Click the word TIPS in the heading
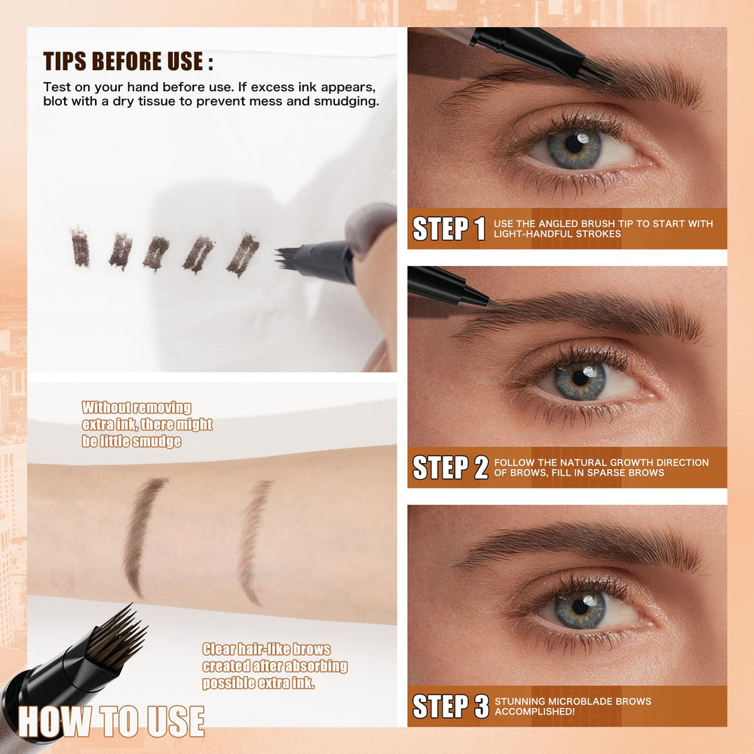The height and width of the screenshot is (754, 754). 65,62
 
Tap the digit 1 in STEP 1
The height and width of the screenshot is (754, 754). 480,228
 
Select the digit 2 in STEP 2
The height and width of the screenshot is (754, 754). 481,467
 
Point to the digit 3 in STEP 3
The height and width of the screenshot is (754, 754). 481,706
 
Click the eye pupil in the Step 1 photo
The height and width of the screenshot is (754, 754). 574,143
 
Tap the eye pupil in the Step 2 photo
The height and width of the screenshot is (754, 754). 581,378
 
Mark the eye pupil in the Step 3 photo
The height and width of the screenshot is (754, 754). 581,607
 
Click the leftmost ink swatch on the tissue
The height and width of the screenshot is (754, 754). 80,247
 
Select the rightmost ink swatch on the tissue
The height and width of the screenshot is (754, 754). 244,255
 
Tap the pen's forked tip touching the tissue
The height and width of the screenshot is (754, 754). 285,258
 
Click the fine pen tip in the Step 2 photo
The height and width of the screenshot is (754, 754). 496,304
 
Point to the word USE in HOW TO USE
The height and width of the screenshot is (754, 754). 176,722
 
